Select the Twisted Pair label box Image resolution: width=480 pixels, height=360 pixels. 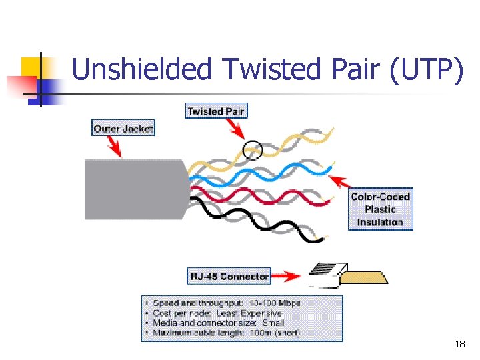(x=216, y=111)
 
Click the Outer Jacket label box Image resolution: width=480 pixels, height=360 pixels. (x=123, y=128)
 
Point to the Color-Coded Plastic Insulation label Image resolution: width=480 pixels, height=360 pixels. (x=380, y=209)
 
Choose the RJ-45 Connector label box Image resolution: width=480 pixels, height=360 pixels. (x=230, y=276)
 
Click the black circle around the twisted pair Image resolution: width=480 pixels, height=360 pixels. (x=252, y=151)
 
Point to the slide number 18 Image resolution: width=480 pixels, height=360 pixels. (x=459, y=345)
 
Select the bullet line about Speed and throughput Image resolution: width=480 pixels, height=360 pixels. (x=227, y=303)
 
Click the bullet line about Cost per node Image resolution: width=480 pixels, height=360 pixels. (x=217, y=313)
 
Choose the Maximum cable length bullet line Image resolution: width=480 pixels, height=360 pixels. (x=227, y=332)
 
